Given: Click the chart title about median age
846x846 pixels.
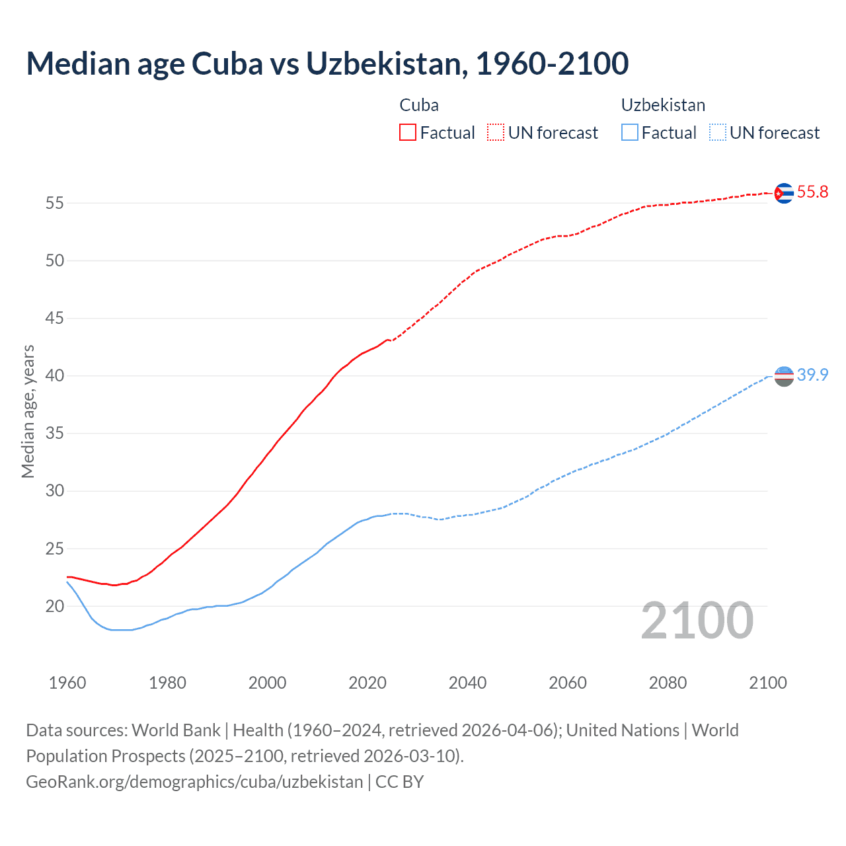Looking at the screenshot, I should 327,63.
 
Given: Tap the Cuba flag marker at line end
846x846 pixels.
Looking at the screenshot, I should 783,193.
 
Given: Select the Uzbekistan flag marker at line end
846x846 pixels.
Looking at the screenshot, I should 783,375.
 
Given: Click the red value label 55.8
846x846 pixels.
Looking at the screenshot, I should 812,192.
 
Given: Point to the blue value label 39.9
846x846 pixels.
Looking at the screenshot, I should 812,375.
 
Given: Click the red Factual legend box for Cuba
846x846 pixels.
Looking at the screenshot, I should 408,132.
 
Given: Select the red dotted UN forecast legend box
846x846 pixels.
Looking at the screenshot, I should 496,132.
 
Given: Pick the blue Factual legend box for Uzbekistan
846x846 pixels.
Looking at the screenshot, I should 630,132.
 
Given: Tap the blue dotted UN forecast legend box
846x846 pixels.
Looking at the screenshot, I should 718,132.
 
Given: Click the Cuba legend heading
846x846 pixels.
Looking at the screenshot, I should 419,105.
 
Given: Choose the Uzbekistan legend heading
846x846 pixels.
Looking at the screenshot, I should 663,105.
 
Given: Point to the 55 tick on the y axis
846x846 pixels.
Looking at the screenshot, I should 55,203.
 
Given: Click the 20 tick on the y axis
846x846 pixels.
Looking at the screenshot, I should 55,606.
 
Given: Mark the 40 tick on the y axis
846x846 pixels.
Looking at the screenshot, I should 55,376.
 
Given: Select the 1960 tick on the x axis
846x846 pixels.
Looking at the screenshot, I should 67,683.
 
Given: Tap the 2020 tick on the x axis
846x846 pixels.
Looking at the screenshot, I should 367,683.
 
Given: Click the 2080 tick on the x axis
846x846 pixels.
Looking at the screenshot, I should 668,683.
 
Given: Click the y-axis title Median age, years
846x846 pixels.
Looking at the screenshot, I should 28,411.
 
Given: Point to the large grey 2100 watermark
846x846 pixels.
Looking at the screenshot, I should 697,621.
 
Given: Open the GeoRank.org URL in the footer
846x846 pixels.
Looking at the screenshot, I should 194,782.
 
